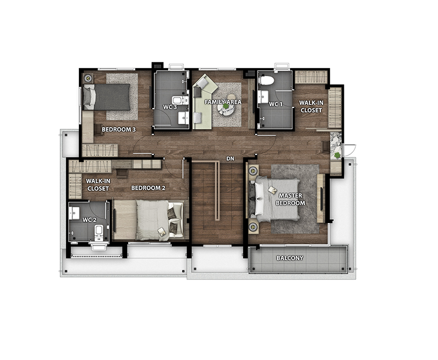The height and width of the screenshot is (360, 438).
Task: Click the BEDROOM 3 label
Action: click(x=119, y=130)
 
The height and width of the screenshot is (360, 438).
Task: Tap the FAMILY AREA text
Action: click(x=223, y=102)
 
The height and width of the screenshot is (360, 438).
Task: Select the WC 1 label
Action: click(x=276, y=104)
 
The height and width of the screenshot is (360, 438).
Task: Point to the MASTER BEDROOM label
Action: click(x=291, y=199)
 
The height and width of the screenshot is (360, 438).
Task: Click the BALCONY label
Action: click(x=290, y=258)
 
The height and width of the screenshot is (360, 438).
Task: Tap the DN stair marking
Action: click(x=230, y=159)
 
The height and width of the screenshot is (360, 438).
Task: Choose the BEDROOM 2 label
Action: click(x=148, y=188)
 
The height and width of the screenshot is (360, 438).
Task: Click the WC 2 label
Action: click(x=89, y=220)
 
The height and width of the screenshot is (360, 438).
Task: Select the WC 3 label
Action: click(x=170, y=107)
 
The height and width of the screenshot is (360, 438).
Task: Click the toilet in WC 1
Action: click(x=267, y=80)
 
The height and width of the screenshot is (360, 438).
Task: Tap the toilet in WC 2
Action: click(x=99, y=232)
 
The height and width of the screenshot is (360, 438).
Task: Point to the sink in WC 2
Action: click(x=74, y=213)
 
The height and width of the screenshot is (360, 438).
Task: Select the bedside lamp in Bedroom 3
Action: click(x=89, y=78)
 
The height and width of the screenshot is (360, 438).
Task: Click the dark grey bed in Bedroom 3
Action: click(x=107, y=97)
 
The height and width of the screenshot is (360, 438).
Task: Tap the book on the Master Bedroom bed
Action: click(x=272, y=190)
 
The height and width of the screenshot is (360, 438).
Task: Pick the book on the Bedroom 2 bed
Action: click(x=162, y=231)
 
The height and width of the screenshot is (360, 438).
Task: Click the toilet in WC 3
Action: click(x=180, y=100)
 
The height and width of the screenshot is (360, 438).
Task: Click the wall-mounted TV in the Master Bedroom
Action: click(x=321, y=199)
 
